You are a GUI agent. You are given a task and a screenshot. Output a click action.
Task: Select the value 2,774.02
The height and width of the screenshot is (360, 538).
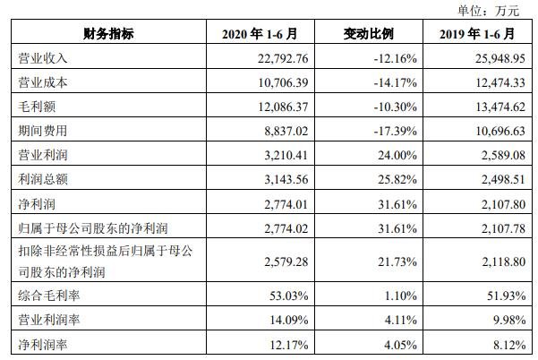[x=284, y=224]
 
